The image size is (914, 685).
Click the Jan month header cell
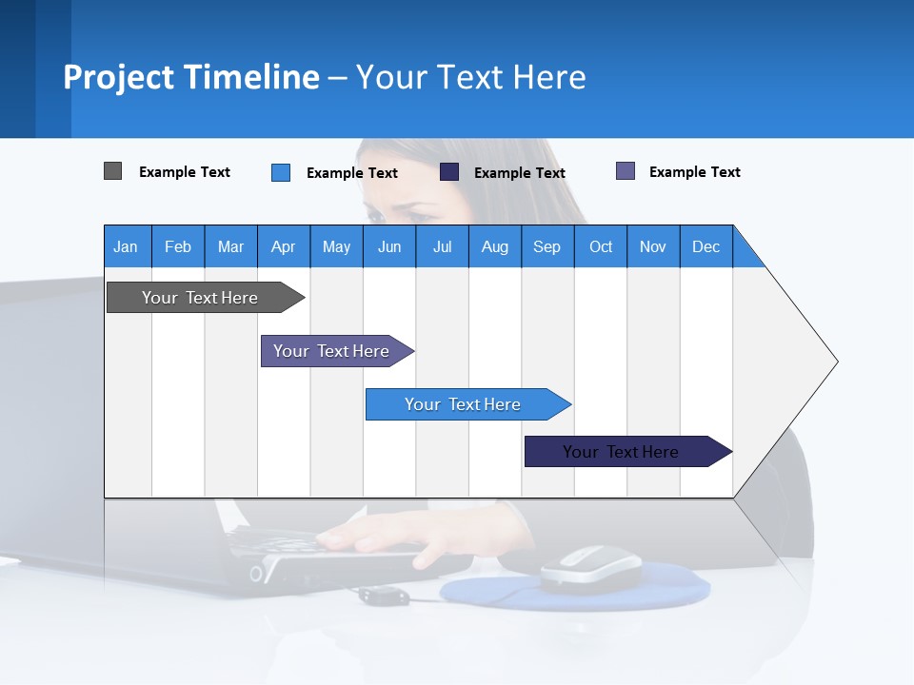coord(127,246)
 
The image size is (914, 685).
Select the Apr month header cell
coord(284,246)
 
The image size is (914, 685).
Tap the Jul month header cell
coord(442,246)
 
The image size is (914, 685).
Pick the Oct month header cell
coord(601,246)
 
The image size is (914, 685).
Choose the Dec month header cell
coord(705,246)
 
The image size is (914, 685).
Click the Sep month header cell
coord(547,246)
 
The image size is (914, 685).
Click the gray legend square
coord(112,171)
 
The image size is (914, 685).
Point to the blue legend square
coord(281,172)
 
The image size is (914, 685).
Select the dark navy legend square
coord(449,172)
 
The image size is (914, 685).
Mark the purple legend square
coord(626,171)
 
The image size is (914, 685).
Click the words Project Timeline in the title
coord(191,77)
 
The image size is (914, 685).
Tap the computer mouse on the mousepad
coord(591,569)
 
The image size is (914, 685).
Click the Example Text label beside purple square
coord(694,172)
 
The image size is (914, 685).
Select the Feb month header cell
coord(178,246)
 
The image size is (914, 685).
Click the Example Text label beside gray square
coord(185,172)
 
